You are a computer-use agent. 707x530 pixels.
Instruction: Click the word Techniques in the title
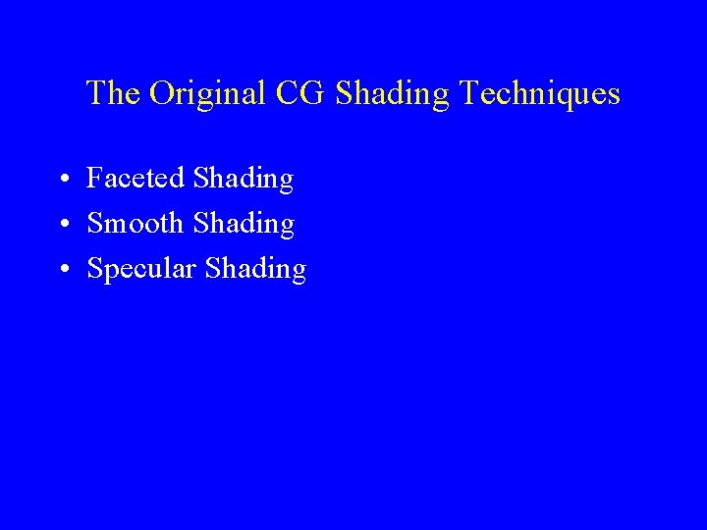tap(539, 94)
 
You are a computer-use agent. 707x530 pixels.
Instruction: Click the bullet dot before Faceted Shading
tap(62, 181)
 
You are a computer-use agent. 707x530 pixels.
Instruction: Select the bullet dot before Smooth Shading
tap(62, 226)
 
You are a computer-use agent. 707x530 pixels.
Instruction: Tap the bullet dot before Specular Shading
tap(62, 271)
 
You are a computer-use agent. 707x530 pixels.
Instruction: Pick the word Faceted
tap(136, 179)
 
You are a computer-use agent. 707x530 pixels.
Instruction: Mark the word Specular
tap(142, 270)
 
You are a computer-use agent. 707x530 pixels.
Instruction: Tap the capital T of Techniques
tap(468, 93)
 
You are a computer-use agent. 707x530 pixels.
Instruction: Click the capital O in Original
tap(161, 93)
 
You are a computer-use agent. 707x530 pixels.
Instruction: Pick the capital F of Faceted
tap(95, 179)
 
